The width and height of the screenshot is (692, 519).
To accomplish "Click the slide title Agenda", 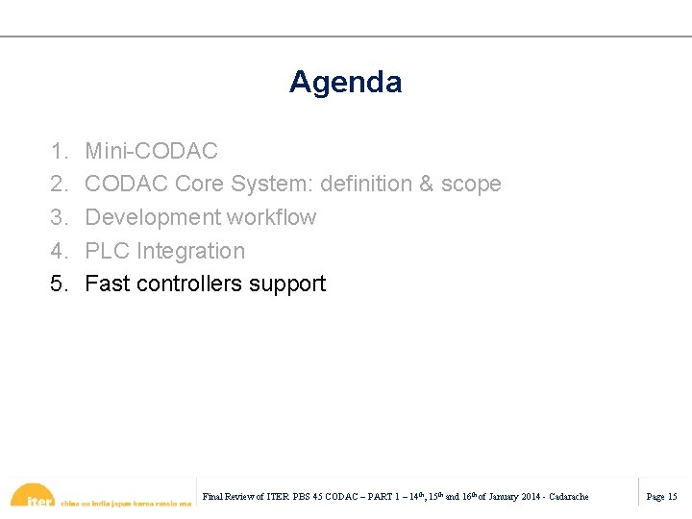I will click(x=345, y=83).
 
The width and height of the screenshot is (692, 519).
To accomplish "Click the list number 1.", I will click(x=60, y=151).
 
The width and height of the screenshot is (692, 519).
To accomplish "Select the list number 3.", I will click(x=60, y=217).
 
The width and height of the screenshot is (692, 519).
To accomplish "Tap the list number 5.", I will click(x=60, y=284).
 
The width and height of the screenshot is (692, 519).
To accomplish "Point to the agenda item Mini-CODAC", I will click(x=152, y=151).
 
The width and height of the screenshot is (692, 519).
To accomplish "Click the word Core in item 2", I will click(x=199, y=184).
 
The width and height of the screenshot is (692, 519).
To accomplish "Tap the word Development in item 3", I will click(x=148, y=217).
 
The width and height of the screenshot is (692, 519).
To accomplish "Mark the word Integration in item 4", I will click(x=191, y=251).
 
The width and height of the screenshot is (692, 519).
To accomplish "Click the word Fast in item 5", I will click(x=108, y=284).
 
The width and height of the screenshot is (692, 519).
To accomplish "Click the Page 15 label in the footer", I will click(x=661, y=497).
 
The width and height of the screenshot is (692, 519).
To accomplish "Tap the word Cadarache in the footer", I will click(x=568, y=497).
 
